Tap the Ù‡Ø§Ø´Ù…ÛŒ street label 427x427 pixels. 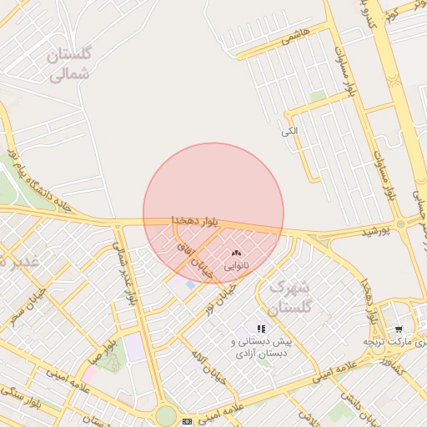pos(296,35)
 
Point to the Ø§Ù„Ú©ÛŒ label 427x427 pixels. pos(289,132)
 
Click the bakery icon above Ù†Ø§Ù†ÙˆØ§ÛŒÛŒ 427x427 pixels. pos(236,253)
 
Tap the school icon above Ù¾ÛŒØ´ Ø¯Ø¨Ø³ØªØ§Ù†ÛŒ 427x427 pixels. pos(261,329)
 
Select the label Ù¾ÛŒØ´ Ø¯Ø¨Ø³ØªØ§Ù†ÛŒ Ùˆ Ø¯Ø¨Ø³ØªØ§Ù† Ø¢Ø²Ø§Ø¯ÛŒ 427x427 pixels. pos(261,348)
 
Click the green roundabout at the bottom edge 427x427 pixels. pos(166,414)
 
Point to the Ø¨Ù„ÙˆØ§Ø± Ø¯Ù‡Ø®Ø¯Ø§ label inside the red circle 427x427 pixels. pos(194,219)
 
